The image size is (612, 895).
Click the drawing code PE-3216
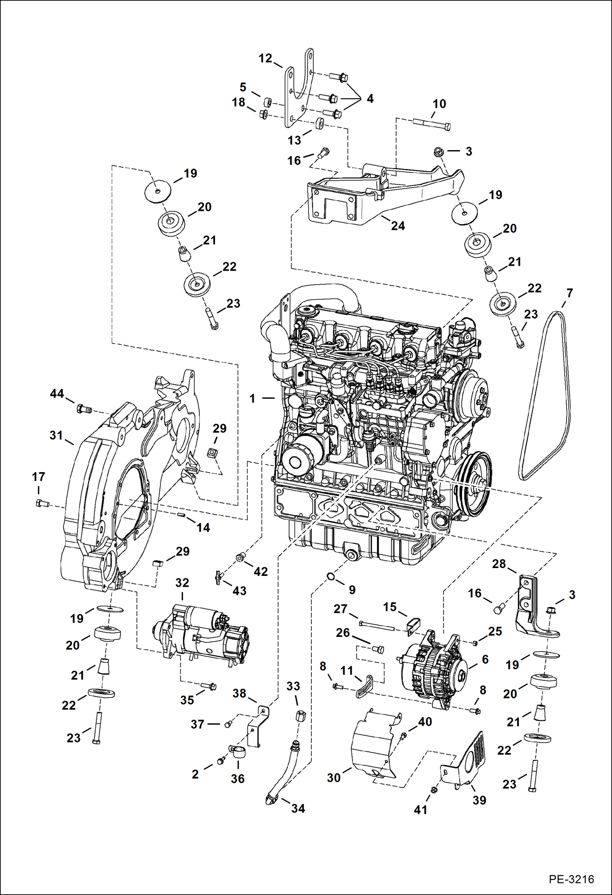[571, 879]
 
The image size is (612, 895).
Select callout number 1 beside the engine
[252, 398]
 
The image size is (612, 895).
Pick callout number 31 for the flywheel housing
[56, 435]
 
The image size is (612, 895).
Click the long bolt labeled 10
[431, 124]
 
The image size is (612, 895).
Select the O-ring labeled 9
[331, 576]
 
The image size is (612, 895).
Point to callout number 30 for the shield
[333, 777]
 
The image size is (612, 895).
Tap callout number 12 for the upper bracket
[265, 58]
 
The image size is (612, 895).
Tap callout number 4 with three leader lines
[370, 98]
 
